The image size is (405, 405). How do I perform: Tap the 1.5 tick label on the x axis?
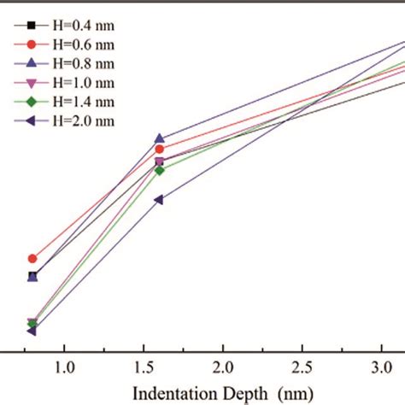coord(144,367)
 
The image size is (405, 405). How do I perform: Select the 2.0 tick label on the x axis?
coord(223,367)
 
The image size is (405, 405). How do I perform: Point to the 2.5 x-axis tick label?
coord(302,367)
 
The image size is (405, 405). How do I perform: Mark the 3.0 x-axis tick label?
coord(382,367)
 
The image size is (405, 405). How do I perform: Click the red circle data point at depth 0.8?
coord(32,258)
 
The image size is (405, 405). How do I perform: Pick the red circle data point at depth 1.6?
coord(159,150)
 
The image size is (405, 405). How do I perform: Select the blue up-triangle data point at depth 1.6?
coord(159,138)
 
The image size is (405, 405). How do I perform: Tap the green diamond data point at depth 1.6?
coord(159,170)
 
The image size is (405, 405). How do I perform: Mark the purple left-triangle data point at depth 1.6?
coord(158,200)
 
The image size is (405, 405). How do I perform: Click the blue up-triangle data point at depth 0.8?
coord(32,277)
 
